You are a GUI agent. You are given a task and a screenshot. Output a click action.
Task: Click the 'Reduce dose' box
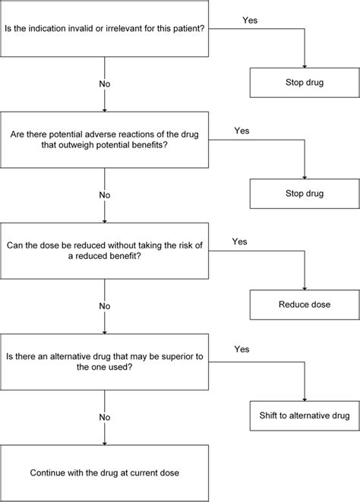click(x=304, y=305)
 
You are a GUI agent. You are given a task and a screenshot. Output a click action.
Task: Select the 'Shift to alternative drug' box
click(x=304, y=415)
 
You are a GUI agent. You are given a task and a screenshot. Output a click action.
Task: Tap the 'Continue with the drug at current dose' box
click(x=105, y=472)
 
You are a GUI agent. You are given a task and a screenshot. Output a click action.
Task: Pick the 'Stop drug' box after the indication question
click(x=304, y=82)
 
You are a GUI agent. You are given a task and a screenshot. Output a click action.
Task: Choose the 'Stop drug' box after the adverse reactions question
click(x=304, y=194)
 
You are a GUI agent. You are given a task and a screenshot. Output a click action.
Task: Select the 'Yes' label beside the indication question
click(x=250, y=18)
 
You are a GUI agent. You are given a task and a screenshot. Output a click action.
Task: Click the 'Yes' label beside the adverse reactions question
click(x=242, y=130)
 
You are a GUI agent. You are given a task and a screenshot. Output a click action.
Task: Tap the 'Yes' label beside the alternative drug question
click(x=242, y=351)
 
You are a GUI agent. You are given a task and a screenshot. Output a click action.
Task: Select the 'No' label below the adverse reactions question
click(x=105, y=194)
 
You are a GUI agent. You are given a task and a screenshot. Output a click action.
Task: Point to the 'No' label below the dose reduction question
click(x=105, y=305)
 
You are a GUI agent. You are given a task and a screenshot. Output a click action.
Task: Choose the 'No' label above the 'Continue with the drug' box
click(x=105, y=416)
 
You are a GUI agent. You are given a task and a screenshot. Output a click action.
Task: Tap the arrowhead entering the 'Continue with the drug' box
click(x=105, y=443)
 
